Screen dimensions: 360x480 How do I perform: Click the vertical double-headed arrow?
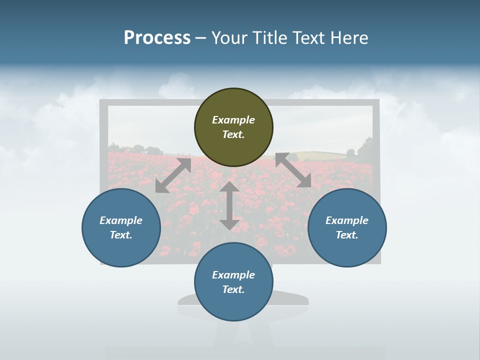click(229, 206)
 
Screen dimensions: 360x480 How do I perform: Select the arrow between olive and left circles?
click(173, 175)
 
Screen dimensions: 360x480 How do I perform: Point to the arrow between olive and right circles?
click(293, 170)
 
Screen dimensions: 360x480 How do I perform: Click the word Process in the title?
click(157, 37)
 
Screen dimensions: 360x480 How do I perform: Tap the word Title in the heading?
click(271, 37)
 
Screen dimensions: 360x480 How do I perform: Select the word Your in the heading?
click(229, 37)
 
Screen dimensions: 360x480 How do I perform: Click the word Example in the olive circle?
click(233, 120)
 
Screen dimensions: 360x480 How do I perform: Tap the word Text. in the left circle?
click(121, 235)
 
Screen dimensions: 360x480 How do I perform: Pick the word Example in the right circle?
click(347, 220)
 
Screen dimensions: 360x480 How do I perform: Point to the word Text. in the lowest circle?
click(233, 289)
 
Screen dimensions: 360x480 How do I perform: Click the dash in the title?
click(200, 38)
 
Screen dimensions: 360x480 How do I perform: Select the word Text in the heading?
click(308, 37)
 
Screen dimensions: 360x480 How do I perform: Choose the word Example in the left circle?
click(121, 220)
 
